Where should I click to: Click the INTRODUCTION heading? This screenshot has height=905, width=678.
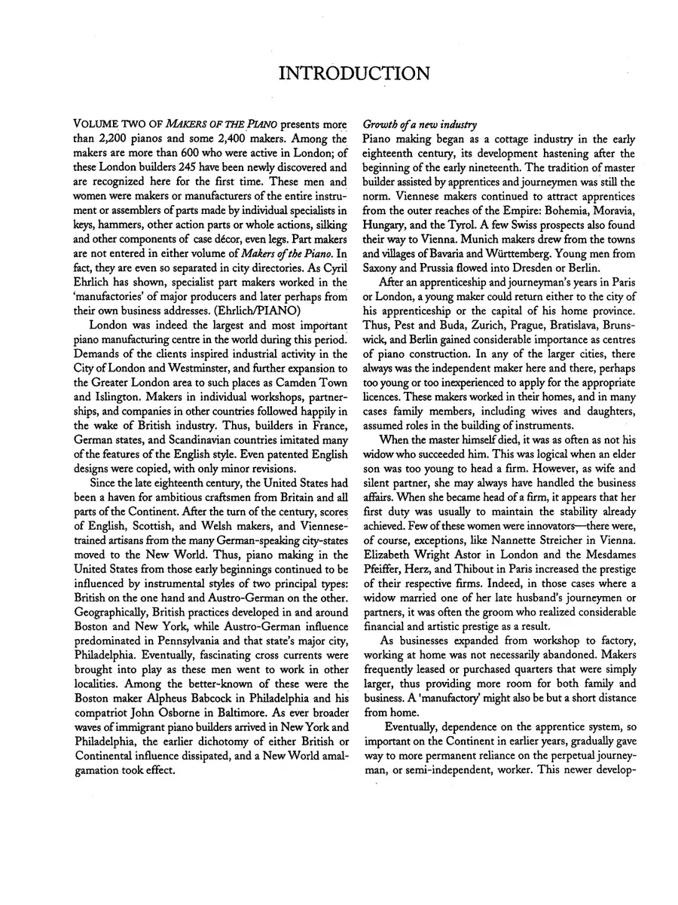click(354, 73)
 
